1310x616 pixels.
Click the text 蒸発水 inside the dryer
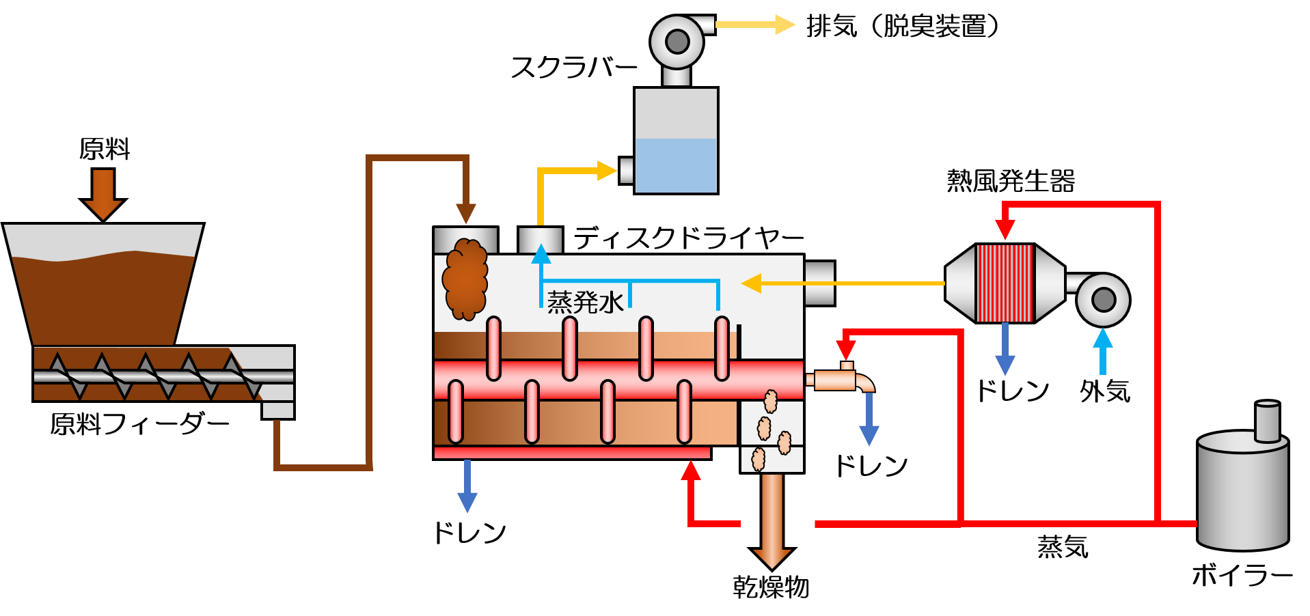point(585,302)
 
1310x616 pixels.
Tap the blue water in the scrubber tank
point(676,165)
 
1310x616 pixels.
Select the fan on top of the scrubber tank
point(677,42)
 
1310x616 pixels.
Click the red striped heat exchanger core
point(1005,283)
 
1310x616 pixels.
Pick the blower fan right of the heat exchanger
point(1103,299)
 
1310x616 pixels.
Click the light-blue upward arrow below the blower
point(1102,350)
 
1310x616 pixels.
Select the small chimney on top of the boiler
point(1268,421)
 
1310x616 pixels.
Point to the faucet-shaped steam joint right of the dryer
point(841,380)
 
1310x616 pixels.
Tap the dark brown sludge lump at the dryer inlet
point(465,279)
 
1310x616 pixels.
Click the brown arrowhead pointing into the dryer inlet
point(465,213)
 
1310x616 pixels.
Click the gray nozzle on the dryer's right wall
point(819,283)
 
